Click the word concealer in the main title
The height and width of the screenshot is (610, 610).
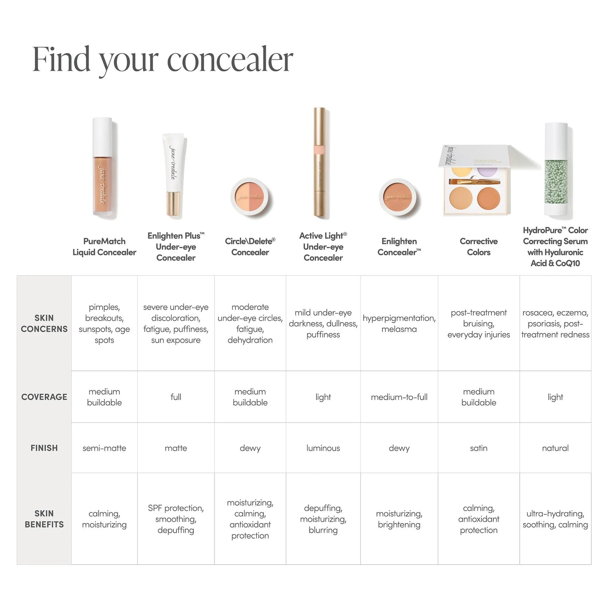point(230,60)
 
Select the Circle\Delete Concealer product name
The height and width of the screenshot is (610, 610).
point(250,247)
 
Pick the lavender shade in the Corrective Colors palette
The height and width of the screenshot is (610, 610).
point(488,171)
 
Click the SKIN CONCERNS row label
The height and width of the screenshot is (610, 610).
point(44,323)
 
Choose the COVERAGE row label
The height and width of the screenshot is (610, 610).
point(44,397)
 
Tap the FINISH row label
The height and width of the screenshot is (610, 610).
point(44,448)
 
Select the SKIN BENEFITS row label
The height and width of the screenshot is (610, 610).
point(44,519)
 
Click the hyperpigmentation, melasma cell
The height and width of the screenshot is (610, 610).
point(399,323)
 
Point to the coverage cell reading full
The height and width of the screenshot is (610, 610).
point(176,397)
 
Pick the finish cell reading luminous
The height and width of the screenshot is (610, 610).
point(323,448)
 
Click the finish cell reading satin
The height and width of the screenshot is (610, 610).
point(478,448)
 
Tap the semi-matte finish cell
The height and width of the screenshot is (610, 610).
point(104,448)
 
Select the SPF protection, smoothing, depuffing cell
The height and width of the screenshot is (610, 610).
point(176,519)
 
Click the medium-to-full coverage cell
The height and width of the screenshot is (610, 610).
point(399,397)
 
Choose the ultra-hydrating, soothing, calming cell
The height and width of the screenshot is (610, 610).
point(555,519)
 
